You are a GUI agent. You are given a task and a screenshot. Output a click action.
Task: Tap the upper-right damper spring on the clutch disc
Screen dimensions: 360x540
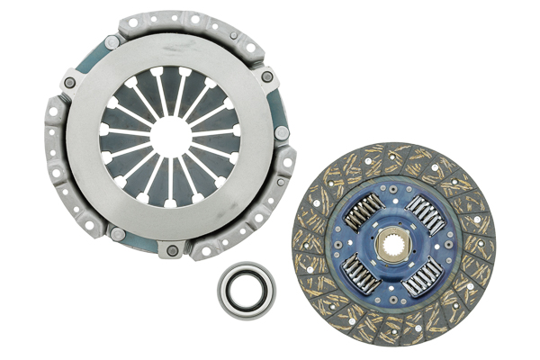424,214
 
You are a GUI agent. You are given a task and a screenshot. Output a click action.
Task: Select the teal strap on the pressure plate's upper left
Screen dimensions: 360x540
82,63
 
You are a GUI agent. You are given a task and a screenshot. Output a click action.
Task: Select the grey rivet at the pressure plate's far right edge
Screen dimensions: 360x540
282,132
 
